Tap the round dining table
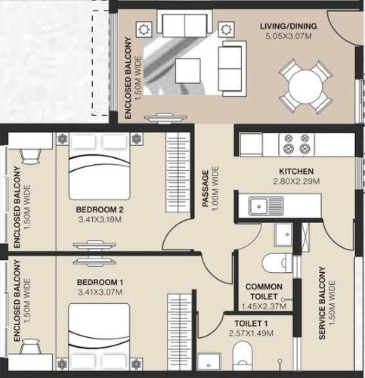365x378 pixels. point(305,85)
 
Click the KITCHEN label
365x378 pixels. point(296,172)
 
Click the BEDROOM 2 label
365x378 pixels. point(100,209)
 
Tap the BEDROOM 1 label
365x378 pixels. point(100,282)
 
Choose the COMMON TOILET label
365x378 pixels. point(264,292)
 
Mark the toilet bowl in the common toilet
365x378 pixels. point(274,262)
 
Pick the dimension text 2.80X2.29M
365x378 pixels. point(296,182)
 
